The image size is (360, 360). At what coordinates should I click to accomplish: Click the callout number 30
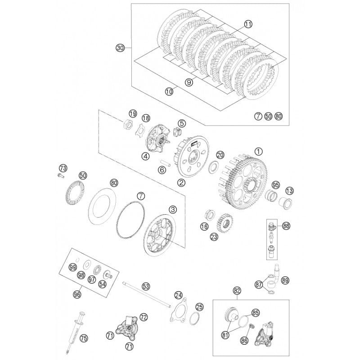click(x=119, y=48)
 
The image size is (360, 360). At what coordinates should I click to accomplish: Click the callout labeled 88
click(x=286, y=226)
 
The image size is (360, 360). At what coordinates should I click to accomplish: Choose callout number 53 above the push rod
click(x=146, y=285)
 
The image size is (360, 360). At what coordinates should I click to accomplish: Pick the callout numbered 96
click(x=77, y=294)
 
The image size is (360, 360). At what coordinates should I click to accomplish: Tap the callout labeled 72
click(x=144, y=317)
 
